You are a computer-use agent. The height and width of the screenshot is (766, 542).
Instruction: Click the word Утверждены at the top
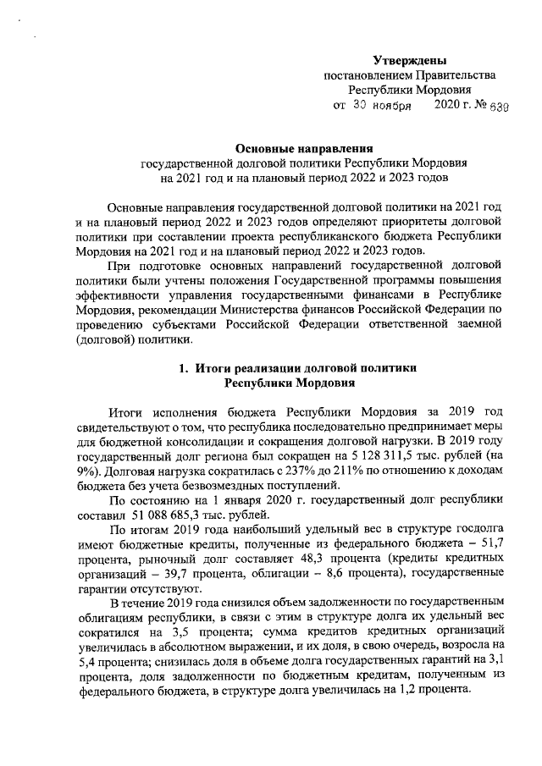click(410, 59)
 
